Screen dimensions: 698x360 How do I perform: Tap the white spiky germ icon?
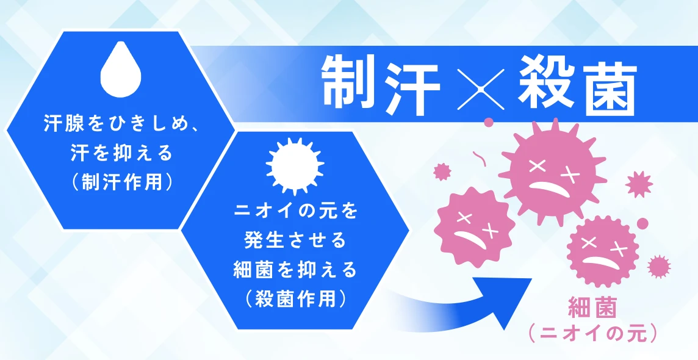[x=295, y=167]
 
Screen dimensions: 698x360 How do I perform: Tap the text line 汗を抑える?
[x=121, y=154]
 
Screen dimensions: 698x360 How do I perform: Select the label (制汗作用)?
[x=121, y=182]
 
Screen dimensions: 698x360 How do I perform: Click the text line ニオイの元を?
[x=295, y=211]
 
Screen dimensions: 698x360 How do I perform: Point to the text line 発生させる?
[x=295, y=240]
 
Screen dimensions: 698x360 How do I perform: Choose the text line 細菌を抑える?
[x=295, y=270]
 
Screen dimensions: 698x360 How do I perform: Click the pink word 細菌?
[x=592, y=308]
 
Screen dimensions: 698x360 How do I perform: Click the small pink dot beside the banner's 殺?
[x=489, y=121]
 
